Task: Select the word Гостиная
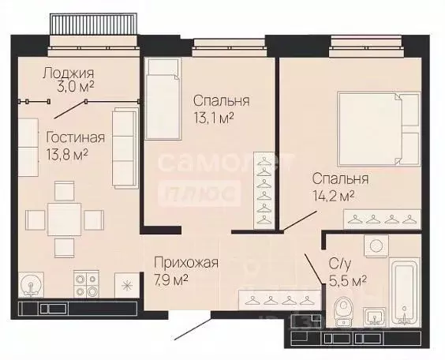[74, 137]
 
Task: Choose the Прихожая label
[186, 263]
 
